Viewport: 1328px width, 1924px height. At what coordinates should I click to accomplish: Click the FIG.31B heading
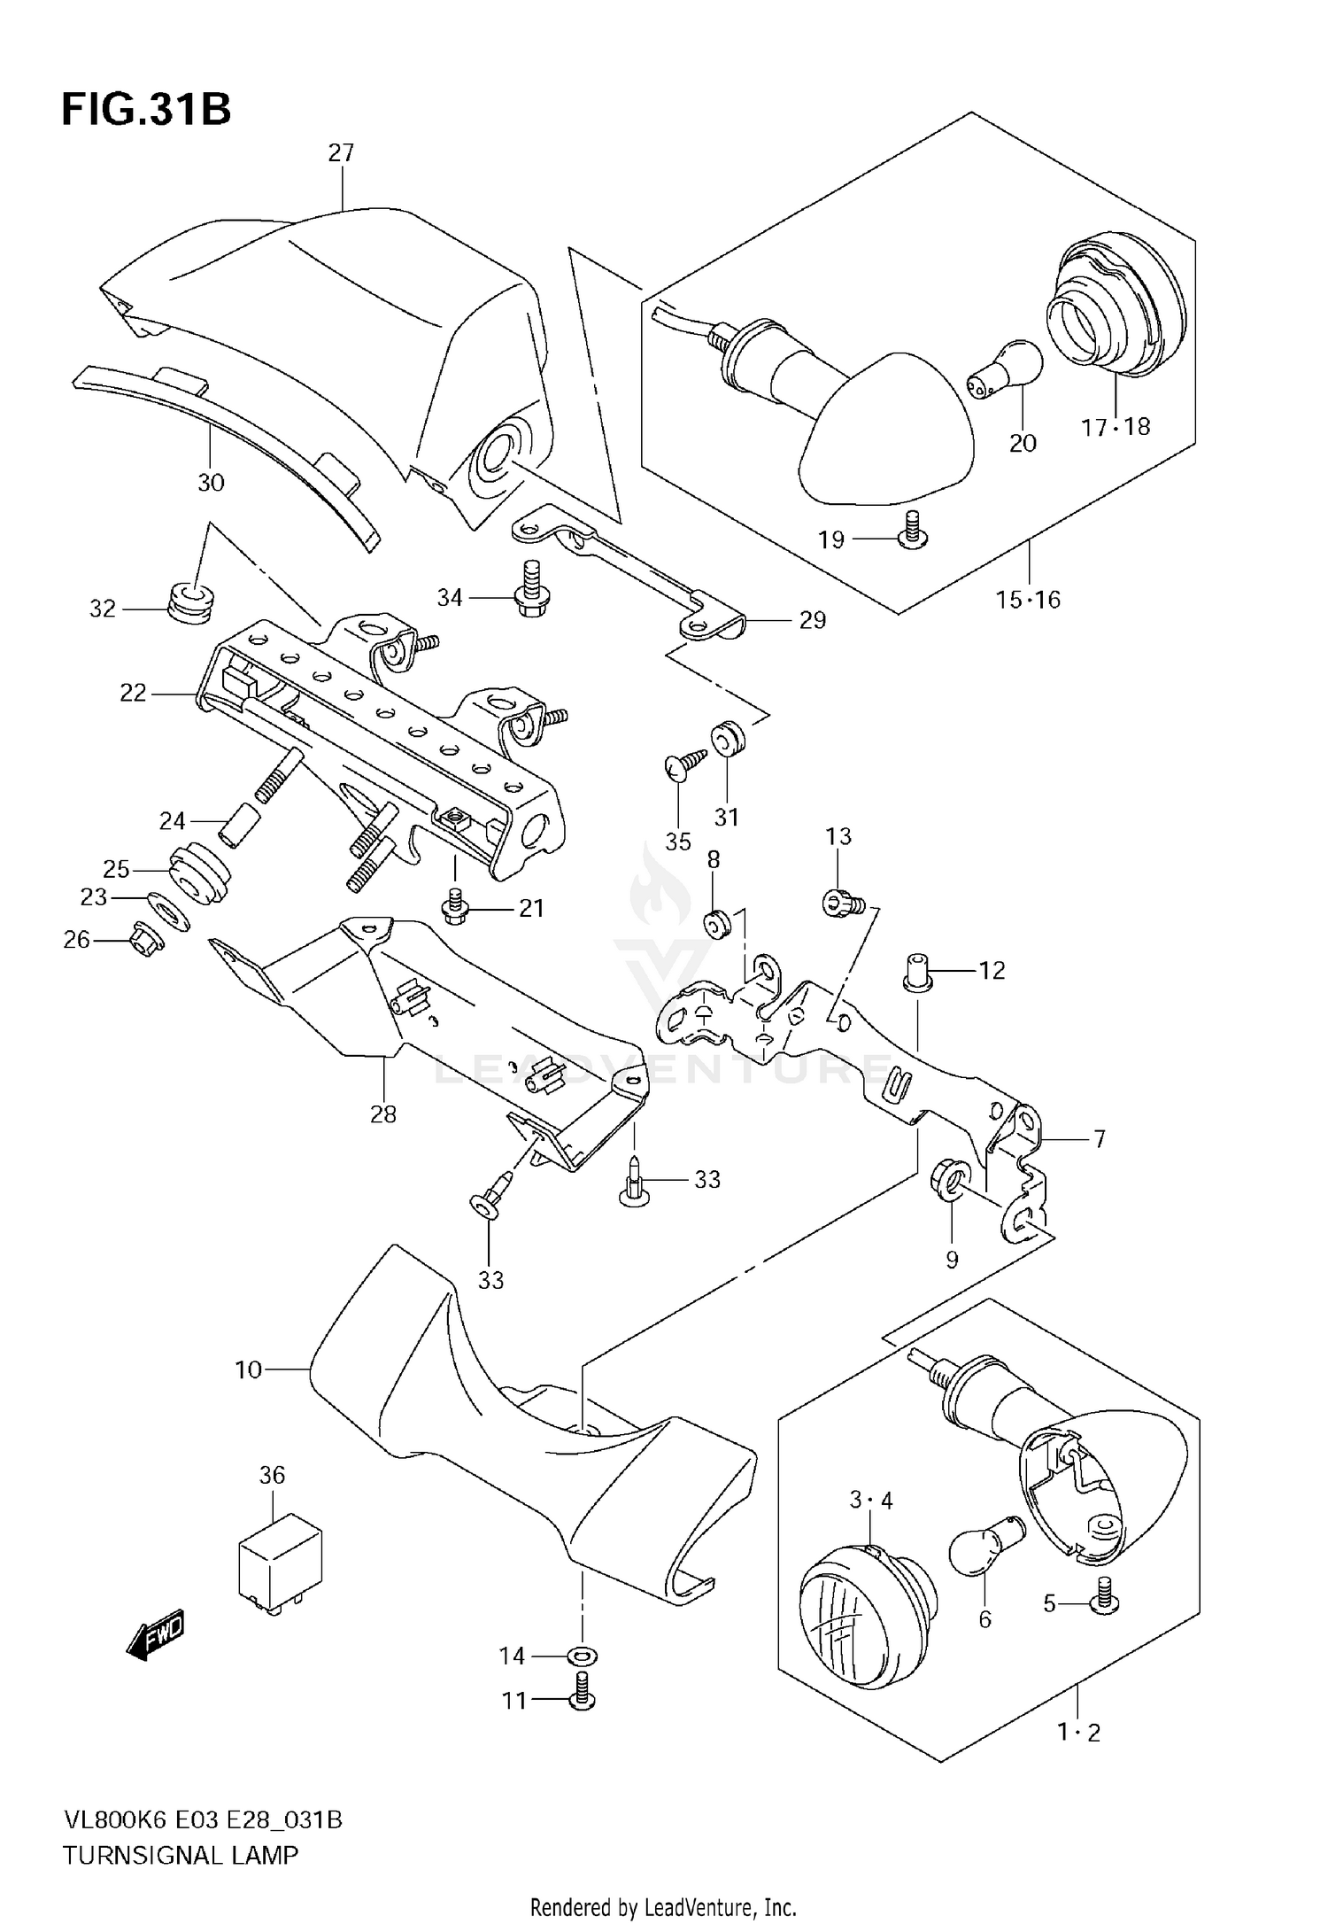[x=146, y=111]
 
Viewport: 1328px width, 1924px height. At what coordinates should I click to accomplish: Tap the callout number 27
[x=341, y=153]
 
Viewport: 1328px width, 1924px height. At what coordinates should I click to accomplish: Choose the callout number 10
[x=249, y=1369]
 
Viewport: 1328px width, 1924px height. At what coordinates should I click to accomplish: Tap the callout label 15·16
[x=1027, y=601]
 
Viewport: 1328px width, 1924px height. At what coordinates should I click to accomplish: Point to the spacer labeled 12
[x=917, y=972]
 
